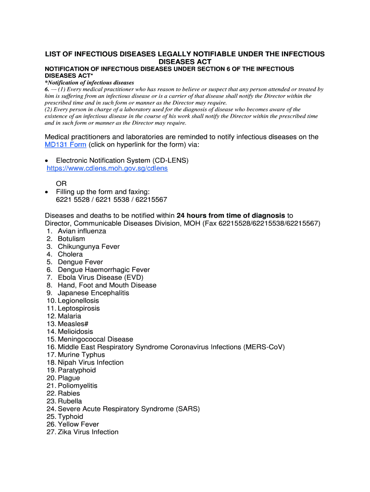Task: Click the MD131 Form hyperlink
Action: click(65, 145)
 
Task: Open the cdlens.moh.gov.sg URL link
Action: click(107, 169)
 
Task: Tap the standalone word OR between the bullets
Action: click(62, 184)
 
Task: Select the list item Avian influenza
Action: click(82, 231)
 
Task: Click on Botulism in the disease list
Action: click(71, 239)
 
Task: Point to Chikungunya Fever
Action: click(88, 246)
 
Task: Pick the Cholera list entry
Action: click(70, 254)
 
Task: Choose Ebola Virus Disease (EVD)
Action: click(100, 277)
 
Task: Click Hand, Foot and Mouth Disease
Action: click(107, 285)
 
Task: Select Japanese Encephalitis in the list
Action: click(93, 293)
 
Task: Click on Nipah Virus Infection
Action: click(90, 362)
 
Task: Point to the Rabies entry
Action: click(69, 393)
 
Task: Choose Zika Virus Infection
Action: click(88, 432)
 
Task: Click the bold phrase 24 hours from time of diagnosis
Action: click(231, 216)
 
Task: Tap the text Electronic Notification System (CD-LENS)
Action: click(122, 160)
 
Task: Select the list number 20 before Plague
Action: click(51, 378)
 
